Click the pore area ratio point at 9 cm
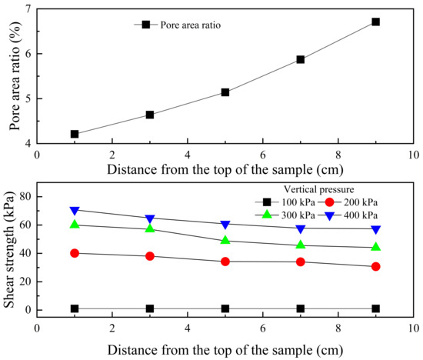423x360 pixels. click(x=375, y=22)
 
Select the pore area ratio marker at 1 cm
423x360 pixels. click(x=75, y=134)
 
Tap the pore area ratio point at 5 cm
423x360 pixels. click(x=225, y=92)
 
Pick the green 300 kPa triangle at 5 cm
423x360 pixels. click(x=225, y=240)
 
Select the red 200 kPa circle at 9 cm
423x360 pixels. click(x=375, y=267)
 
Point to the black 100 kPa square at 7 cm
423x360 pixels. click(x=301, y=308)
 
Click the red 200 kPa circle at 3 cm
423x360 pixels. click(x=150, y=256)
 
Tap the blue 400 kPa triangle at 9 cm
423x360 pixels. click(x=375, y=229)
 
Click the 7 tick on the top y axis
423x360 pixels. click(x=28, y=9)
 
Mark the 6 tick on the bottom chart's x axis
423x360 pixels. click(x=263, y=325)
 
